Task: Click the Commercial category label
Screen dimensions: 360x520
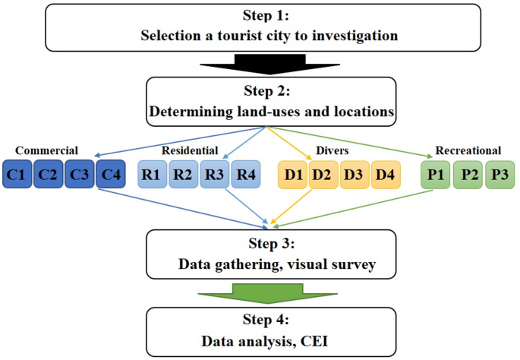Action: coord(46,150)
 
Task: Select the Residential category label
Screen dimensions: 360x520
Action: coord(189,150)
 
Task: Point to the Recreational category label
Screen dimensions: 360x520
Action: coord(468,150)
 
